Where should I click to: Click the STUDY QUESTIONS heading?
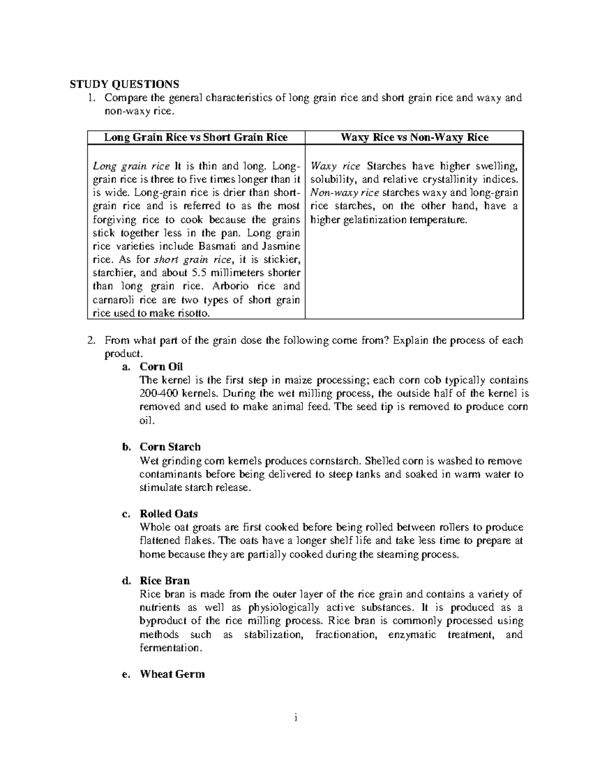pyautogui.click(x=124, y=83)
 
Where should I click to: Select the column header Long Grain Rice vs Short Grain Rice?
pyautogui.click(x=196, y=137)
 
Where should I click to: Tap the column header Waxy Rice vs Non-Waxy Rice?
pyautogui.click(x=414, y=137)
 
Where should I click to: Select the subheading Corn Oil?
pyautogui.click(x=161, y=366)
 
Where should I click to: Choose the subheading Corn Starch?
pyautogui.click(x=170, y=447)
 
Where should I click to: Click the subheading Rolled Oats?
pyautogui.click(x=169, y=514)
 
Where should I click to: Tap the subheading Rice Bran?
pyautogui.click(x=165, y=580)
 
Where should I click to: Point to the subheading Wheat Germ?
pyautogui.click(x=172, y=674)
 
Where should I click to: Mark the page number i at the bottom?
pyautogui.click(x=296, y=718)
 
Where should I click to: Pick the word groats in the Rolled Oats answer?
pyautogui.click(x=205, y=527)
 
